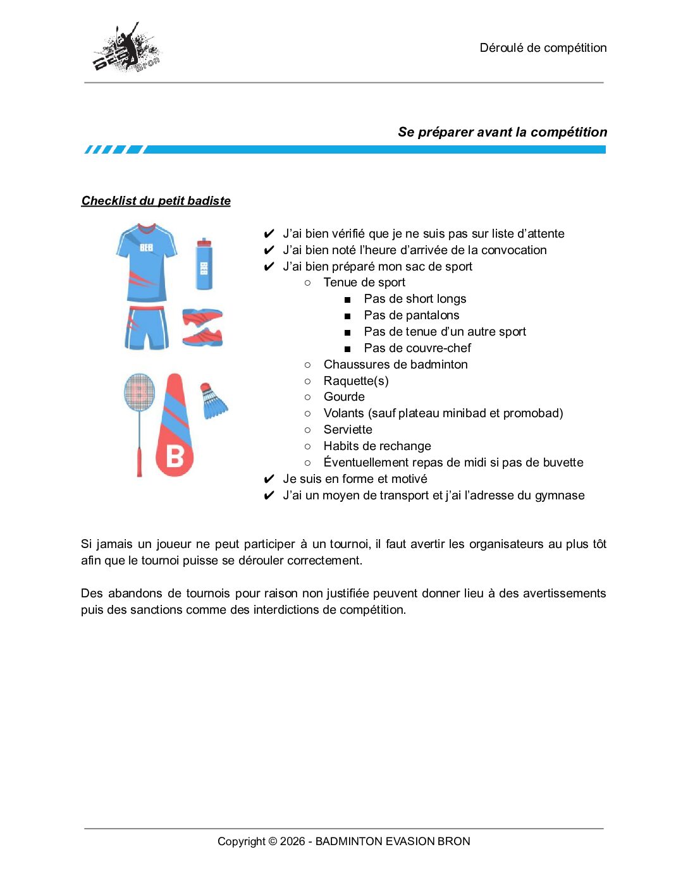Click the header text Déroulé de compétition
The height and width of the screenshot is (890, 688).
[x=543, y=48]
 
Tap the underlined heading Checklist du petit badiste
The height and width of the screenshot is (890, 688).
[x=156, y=201]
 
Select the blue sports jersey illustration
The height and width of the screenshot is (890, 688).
[x=147, y=262]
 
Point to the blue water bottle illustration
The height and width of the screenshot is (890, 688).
[x=204, y=264]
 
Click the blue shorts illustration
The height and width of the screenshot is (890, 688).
[x=147, y=327]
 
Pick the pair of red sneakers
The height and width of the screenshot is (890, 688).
[x=202, y=327]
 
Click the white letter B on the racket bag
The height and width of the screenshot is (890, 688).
[x=175, y=456]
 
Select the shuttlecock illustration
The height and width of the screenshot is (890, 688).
[x=213, y=401]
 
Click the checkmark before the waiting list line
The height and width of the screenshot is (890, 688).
[x=269, y=234]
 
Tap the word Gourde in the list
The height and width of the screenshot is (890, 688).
[x=344, y=397]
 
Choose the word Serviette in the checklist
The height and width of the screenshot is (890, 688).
[x=348, y=430]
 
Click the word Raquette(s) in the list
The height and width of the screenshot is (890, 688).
[x=356, y=381]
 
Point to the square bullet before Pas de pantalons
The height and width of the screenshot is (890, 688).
[x=347, y=316]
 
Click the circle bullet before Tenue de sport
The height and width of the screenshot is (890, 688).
[x=307, y=283]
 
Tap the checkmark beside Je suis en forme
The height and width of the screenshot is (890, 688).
[x=269, y=479]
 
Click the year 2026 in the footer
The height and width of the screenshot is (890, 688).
[x=292, y=841]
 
